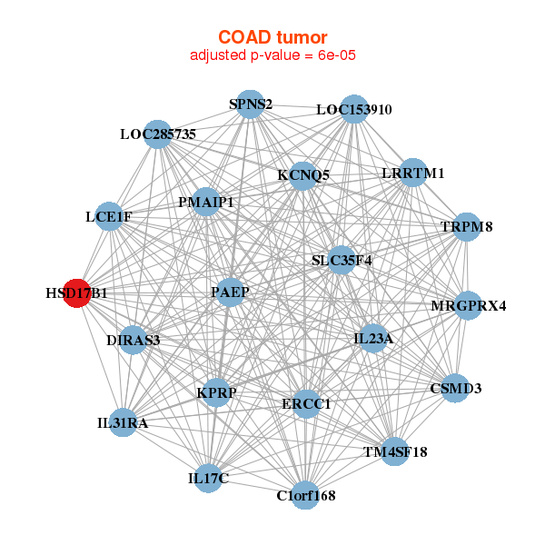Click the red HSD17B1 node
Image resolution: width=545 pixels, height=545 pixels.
pyautogui.click(x=78, y=294)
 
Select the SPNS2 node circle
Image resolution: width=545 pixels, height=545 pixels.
pyautogui.click(x=250, y=104)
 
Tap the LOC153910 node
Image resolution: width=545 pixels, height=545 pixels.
pyautogui.click(x=354, y=109)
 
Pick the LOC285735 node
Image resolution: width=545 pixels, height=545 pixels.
pyautogui.click(x=158, y=134)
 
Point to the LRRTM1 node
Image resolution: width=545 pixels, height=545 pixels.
pyautogui.click(x=413, y=173)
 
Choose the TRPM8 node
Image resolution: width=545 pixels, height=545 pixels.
pyautogui.click(x=466, y=226)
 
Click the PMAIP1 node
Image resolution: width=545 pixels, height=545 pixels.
pyautogui.click(x=206, y=202)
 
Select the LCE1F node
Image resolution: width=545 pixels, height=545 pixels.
pyautogui.click(x=109, y=217)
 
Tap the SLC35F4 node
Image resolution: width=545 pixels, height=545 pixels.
pyautogui.click(x=342, y=261)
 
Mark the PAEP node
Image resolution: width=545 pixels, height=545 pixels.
pyautogui.click(x=230, y=292)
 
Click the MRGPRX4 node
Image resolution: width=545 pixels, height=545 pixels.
pyautogui.click(x=468, y=305)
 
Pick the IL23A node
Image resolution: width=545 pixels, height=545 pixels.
pyautogui.click(x=373, y=340)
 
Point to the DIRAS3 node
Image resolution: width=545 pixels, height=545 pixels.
pyautogui.click(x=133, y=341)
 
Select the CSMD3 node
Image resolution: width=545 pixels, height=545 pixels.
pyautogui.click(x=454, y=389)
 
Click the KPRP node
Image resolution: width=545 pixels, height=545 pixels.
pyautogui.click(x=216, y=392)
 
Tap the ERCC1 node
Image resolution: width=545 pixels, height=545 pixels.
pyautogui.click(x=306, y=402)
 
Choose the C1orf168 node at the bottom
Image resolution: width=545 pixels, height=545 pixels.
pyautogui.click(x=306, y=495)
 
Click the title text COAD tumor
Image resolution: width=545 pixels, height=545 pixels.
pyautogui.click(x=272, y=37)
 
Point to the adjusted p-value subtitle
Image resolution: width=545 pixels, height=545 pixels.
pyautogui.click(x=272, y=55)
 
